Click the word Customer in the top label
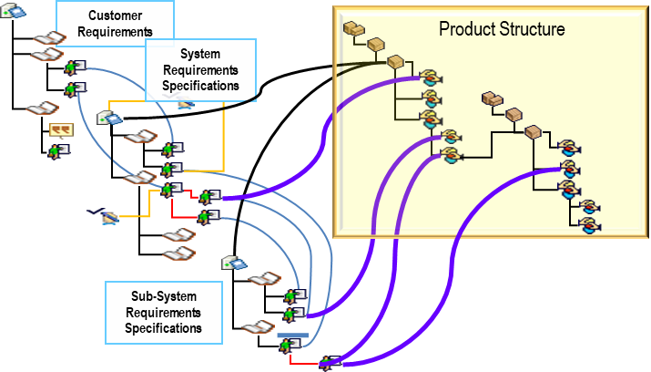[115, 16]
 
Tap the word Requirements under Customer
[115, 32]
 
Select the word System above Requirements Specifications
[200, 55]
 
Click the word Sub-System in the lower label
[163, 297]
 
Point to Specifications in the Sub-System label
[163, 327]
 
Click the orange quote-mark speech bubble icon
[61, 130]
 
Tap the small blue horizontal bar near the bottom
[292, 336]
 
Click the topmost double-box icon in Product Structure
[353, 29]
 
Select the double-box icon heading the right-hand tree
[493, 99]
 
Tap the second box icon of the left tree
[375, 44]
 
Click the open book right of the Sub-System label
[259, 326]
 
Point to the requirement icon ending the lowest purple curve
[330, 362]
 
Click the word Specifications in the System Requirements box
[200, 87]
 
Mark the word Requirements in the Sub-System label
[163, 313]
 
